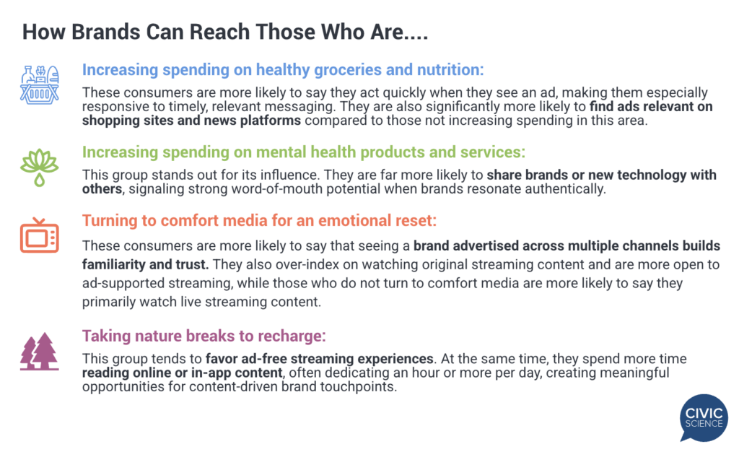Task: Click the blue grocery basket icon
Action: click(40, 84)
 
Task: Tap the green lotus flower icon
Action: click(40, 168)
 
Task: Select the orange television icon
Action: click(40, 235)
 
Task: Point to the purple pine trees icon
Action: click(40, 351)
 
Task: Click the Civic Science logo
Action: click(704, 417)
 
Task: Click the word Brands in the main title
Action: click(105, 32)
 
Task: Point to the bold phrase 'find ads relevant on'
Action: click(651, 107)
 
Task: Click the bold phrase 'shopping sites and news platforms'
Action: click(191, 121)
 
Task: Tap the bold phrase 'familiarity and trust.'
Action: click(145, 264)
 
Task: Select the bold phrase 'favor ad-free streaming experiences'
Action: click(320, 359)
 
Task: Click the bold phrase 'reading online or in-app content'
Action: click(183, 373)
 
